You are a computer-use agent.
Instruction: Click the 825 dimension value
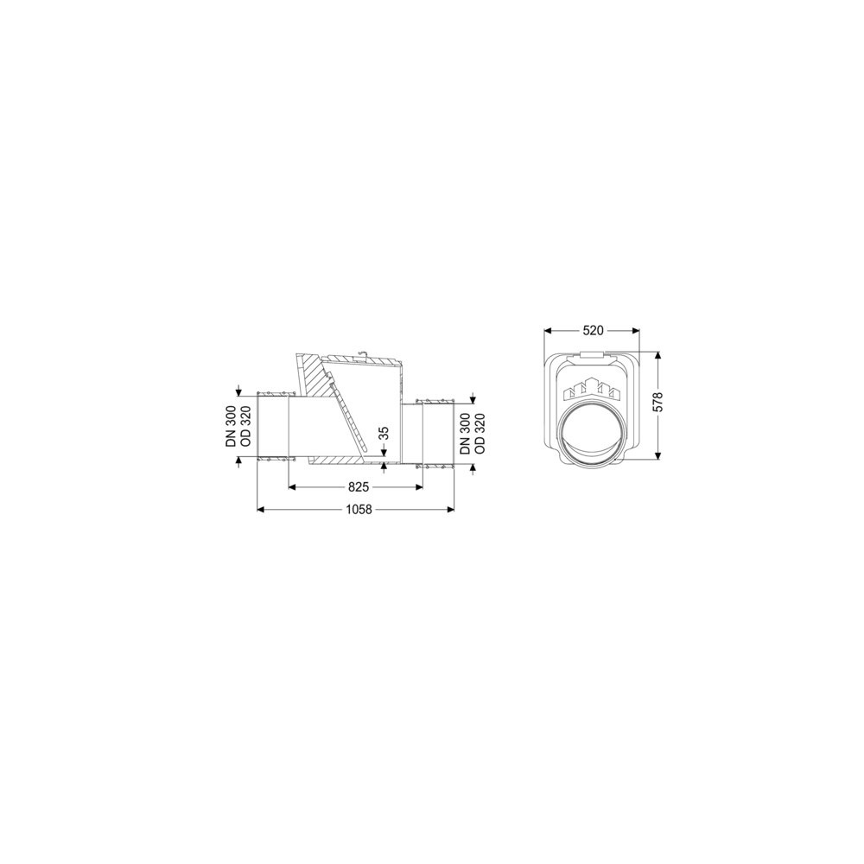pyautogui.click(x=359, y=487)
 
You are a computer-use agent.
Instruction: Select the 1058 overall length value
pyautogui.click(x=359, y=510)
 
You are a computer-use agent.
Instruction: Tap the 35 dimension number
pyautogui.click(x=385, y=432)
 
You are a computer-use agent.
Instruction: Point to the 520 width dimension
pyautogui.click(x=593, y=331)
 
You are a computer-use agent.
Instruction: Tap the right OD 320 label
pyautogui.click(x=480, y=434)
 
